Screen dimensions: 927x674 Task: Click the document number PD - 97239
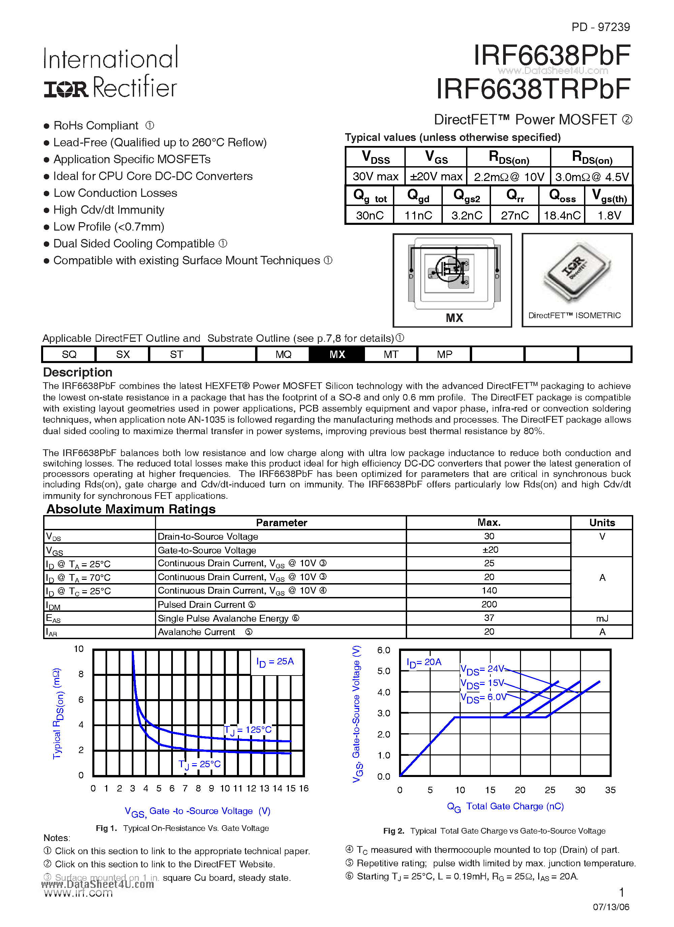(x=601, y=27)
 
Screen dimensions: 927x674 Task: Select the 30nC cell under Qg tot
(x=369, y=215)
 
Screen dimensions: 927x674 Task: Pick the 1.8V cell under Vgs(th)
(x=609, y=215)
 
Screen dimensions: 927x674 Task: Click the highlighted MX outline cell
(x=337, y=354)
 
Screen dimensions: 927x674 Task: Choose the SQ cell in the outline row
(x=69, y=354)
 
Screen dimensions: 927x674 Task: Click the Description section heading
(x=78, y=372)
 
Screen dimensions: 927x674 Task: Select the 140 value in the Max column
(x=489, y=591)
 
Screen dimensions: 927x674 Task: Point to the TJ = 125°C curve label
(x=248, y=730)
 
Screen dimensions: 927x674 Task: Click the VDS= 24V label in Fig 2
(x=482, y=669)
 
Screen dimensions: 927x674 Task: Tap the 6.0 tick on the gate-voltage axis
(x=384, y=650)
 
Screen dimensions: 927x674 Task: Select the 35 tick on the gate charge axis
(x=610, y=790)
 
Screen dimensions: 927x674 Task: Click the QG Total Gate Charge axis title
(x=505, y=806)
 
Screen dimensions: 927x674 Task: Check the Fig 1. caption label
(x=106, y=828)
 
